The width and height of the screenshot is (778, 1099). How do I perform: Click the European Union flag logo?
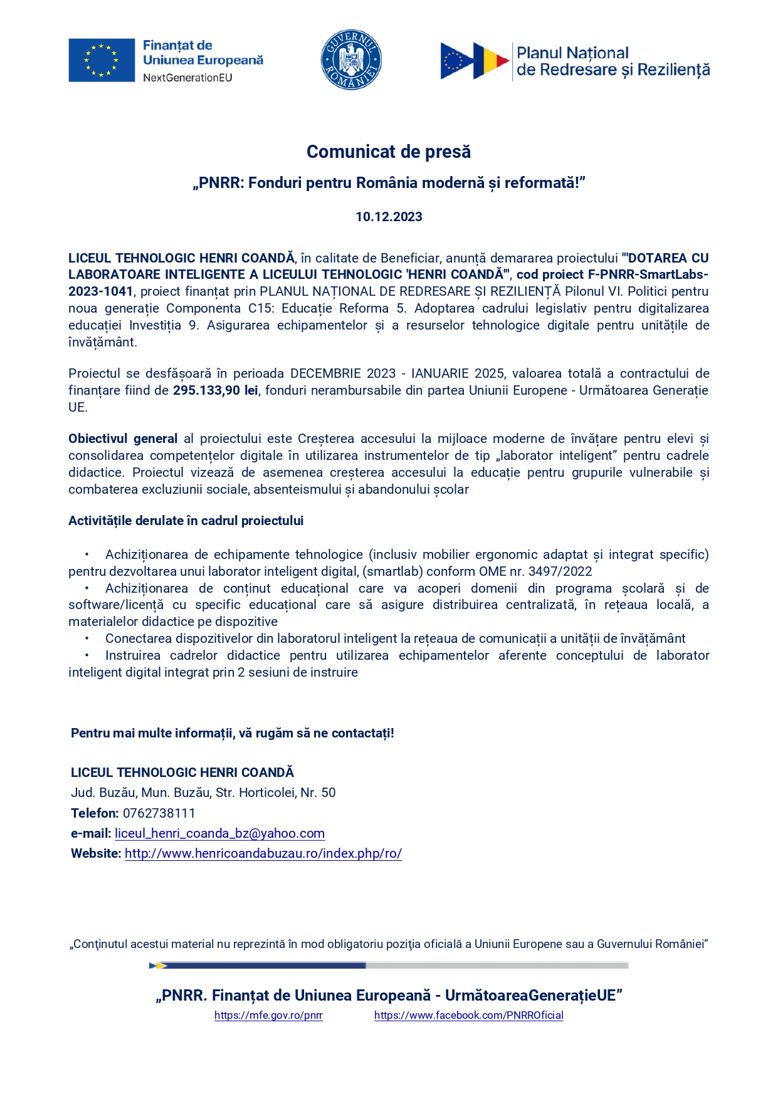[x=102, y=60]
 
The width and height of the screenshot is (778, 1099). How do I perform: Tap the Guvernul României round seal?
[x=351, y=60]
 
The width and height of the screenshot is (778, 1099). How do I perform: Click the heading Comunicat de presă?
[x=389, y=152]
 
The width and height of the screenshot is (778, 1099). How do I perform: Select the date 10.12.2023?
[x=389, y=217]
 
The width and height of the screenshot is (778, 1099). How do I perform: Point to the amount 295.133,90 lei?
[x=215, y=390]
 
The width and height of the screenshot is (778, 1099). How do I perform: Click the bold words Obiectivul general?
[x=123, y=439]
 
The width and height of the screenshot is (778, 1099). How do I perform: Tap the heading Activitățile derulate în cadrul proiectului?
[x=186, y=521]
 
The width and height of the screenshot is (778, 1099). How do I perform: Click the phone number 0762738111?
[x=159, y=813]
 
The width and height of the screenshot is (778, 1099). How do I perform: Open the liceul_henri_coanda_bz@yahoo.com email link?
[x=219, y=833]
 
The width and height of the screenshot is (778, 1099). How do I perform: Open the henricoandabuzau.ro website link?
[x=263, y=853]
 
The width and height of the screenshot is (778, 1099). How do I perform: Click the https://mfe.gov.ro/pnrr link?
[x=268, y=1015]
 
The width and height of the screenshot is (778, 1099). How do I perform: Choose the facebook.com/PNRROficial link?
[x=469, y=1015]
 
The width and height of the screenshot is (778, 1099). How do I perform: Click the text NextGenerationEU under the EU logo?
[x=187, y=78]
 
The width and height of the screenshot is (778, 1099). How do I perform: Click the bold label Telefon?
[x=95, y=813]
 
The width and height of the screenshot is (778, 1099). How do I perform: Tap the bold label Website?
[x=96, y=853]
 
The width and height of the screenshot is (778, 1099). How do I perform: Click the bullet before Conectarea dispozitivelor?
[x=88, y=638]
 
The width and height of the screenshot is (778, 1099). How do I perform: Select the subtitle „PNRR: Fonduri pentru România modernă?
[x=389, y=183]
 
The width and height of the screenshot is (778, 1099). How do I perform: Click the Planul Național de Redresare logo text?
[x=612, y=61]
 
